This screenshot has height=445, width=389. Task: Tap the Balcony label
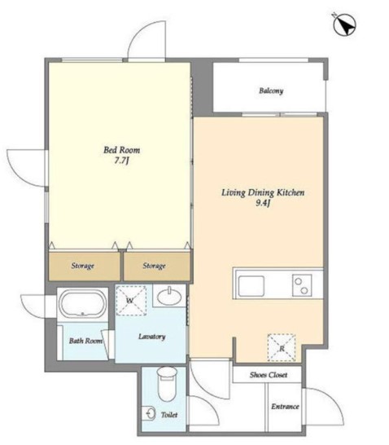pyautogui.click(x=271, y=90)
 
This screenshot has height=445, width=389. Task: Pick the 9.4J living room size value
pyautogui.click(x=263, y=205)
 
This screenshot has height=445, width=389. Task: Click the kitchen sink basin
pyautogui.click(x=250, y=286)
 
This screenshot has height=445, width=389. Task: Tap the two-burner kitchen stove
pyautogui.click(x=301, y=286)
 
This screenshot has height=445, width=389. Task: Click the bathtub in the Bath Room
pyautogui.click(x=81, y=305)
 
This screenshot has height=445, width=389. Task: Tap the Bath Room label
pyautogui.click(x=85, y=341)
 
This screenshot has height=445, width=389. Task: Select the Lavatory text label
pyautogui.click(x=152, y=337)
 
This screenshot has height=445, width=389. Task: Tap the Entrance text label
pyautogui.click(x=285, y=406)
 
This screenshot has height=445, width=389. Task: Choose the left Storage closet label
pyautogui.click(x=82, y=266)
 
